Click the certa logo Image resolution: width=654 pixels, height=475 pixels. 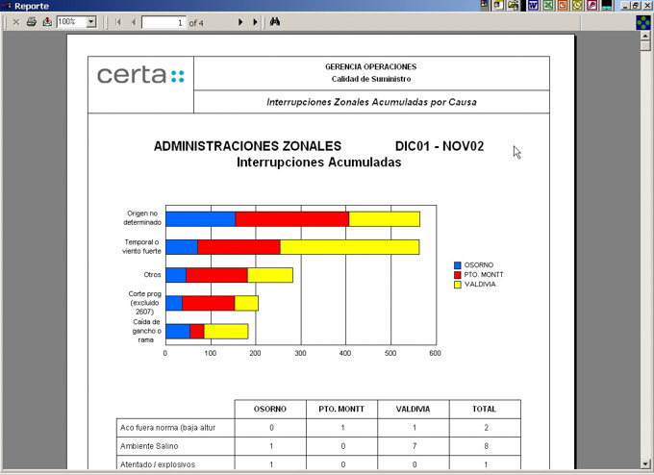click(140, 75)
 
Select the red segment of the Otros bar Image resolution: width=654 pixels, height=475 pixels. click(216, 275)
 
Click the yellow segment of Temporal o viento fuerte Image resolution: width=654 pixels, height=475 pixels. click(349, 247)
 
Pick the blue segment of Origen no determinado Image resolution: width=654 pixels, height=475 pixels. click(200, 218)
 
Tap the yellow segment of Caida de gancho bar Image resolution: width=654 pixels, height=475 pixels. click(226, 332)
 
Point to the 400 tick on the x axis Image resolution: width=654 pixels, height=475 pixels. click(390, 353)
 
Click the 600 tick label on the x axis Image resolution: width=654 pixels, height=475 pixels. click(435, 353)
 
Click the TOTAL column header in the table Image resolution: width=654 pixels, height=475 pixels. click(484, 409)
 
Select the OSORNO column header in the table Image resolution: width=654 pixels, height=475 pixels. click(270, 409)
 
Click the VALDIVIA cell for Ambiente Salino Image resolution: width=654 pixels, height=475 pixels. click(413, 446)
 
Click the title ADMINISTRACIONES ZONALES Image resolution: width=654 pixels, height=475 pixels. click(247, 146)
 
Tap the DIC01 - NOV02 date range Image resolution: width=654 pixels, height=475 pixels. click(439, 146)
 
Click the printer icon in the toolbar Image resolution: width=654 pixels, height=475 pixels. click(31, 21)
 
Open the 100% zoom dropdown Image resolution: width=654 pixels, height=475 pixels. click(91, 21)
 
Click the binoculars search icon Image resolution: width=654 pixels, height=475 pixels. click(274, 21)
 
